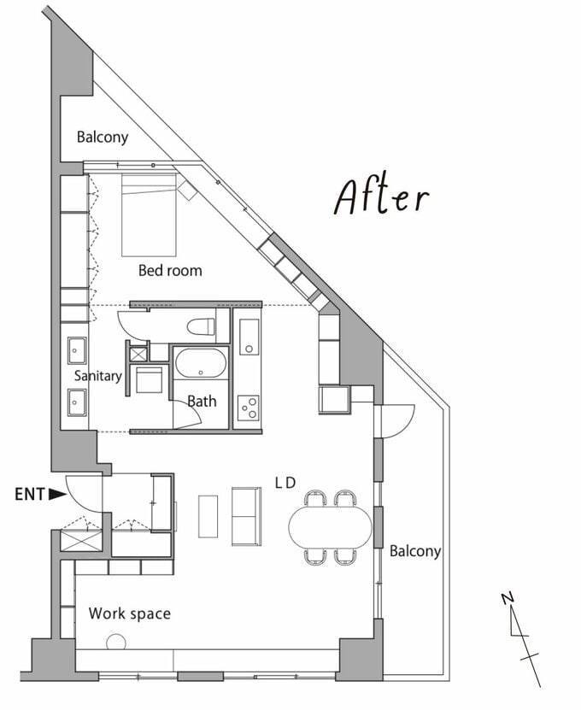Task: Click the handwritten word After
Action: click(x=381, y=197)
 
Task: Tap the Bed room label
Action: click(x=170, y=271)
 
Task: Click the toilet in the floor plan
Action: click(x=201, y=326)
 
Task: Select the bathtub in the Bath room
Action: click(x=201, y=363)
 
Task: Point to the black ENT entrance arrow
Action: click(x=57, y=494)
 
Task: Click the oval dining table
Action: click(x=330, y=526)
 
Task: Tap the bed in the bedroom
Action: click(x=149, y=215)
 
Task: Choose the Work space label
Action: click(x=130, y=613)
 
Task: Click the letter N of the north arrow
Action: click(x=508, y=598)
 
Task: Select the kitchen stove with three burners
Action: click(x=249, y=408)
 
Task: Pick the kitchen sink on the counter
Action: click(x=249, y=337)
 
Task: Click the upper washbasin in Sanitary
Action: click(x=77, y=350)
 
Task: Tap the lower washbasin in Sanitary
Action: click(x=77, y=402)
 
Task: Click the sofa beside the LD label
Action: click(x=247, y=516)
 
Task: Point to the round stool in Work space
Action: click(x=116, y=642)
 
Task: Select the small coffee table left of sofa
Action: click(x=208, y=517)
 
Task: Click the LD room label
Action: click(x=285, y=483)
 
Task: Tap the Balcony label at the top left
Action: click(x=103, y=137)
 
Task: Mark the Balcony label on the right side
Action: click(x=415, y=551)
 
